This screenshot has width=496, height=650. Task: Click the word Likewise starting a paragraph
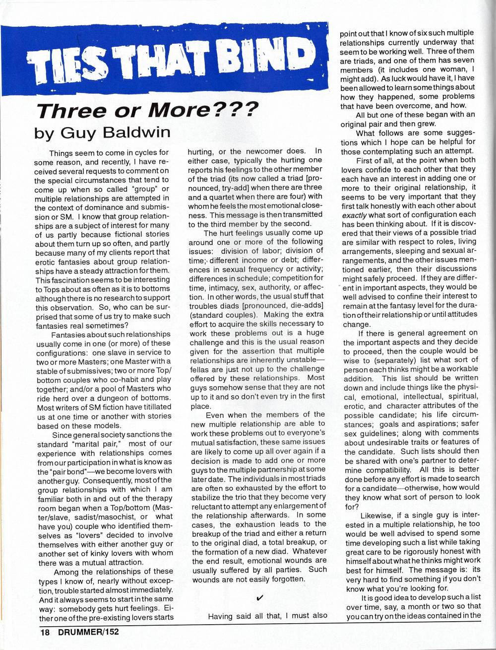click(378, 515)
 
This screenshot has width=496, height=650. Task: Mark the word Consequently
click(108, 480)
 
